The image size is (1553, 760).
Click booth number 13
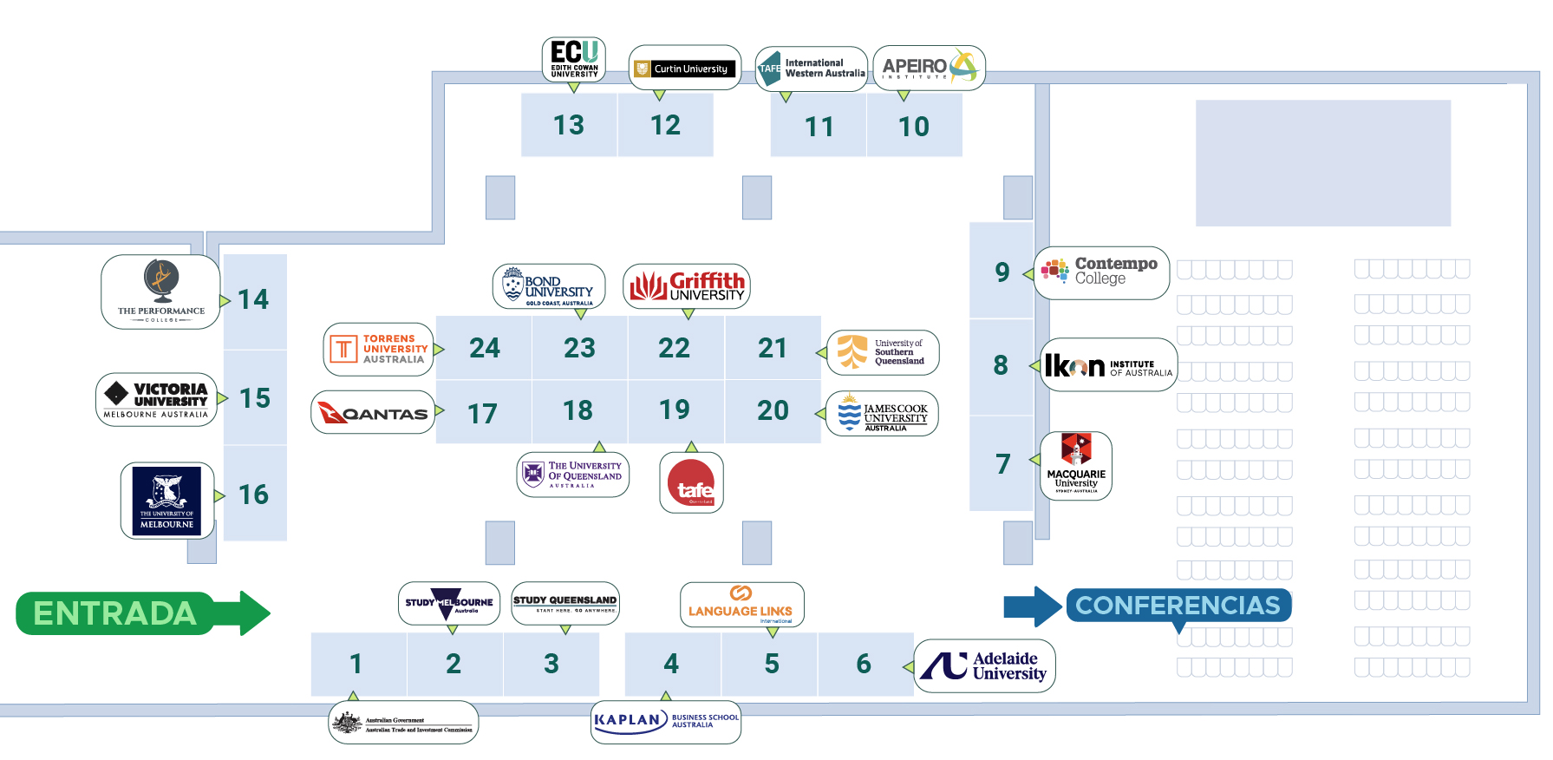[x=569, y=126]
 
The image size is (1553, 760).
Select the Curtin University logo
[x=684, y=69]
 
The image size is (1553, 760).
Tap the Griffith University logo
[x=687, y=286]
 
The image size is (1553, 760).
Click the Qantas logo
[x=373, y=413]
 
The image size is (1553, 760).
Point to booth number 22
[x=674, y=348]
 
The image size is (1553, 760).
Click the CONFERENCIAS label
[x=1178, y=605]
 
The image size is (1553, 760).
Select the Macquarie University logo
[x=1076, y=465]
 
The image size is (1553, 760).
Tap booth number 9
[x=1002, y=272]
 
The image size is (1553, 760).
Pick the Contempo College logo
[x=1101, y=272]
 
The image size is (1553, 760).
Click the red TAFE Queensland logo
[x=691, y=483]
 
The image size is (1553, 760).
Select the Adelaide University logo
[x=984, y=665]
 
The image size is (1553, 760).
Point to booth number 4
[x=671, y=664]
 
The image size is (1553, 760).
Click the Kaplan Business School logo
[x=666, y=721]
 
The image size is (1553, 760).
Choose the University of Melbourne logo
[x=167, y=501]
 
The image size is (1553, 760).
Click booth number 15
[x=255, y=398]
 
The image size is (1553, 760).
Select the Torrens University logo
[x=378, y=350]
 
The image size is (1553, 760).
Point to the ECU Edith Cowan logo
[x=574, y=59]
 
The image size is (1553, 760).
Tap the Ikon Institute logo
[x=1108, y=365]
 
